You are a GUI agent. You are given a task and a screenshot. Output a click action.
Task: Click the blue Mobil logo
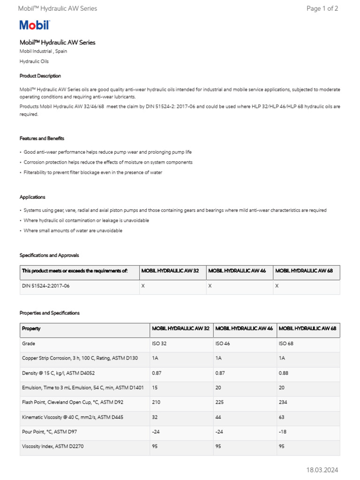34,25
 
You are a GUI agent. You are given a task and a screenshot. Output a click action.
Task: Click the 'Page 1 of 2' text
322,8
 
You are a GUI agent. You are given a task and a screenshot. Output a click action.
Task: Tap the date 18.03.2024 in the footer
322,470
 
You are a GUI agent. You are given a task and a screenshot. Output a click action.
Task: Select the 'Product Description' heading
40,76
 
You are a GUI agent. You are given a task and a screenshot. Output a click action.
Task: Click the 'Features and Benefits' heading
42,138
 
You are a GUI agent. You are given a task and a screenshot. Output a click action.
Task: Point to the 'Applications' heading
32,197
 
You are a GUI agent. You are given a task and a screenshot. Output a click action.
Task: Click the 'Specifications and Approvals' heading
49,255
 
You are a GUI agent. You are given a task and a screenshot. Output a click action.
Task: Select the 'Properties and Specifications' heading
50,313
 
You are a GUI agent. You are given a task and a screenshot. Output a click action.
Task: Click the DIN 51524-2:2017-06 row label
46,285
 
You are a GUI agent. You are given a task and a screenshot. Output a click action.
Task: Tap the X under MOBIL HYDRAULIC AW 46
210,285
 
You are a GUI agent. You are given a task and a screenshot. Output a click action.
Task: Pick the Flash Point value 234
283,402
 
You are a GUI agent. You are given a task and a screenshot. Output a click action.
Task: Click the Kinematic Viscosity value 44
218,417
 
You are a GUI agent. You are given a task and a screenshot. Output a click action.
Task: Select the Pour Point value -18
283,431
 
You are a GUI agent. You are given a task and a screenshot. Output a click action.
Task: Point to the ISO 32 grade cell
159,344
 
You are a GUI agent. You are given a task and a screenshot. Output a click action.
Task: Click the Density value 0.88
284,373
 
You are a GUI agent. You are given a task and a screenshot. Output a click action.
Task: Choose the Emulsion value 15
155,388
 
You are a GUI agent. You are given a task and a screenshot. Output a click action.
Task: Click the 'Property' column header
31,329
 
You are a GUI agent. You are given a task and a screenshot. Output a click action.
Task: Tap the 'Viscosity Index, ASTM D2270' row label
53,446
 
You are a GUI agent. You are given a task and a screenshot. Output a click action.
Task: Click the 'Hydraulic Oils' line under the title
34,61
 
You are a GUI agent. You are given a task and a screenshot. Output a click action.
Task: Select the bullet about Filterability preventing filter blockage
93,172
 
